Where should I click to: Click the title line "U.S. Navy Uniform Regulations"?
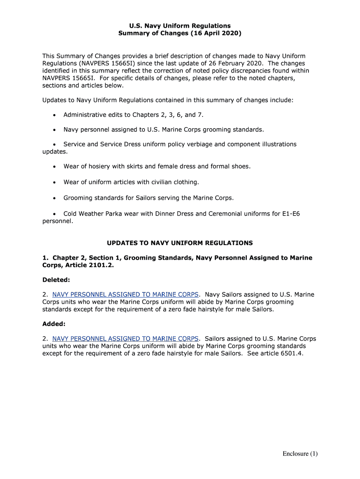180,26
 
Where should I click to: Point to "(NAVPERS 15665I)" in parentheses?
108,63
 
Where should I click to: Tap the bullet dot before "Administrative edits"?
55,115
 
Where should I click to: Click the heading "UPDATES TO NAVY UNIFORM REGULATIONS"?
180,243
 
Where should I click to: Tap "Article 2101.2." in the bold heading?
93,265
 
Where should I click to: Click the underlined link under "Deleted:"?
126,295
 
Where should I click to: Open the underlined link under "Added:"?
126,339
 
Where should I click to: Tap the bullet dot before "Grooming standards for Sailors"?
55,198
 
